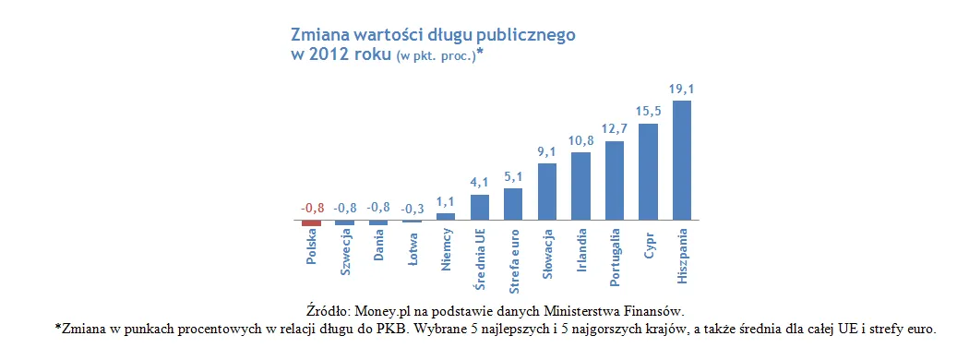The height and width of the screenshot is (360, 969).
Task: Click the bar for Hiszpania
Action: coord(682,161)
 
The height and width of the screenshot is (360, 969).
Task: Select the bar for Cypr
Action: coord(648,173)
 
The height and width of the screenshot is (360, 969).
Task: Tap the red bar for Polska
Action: coord(311,223)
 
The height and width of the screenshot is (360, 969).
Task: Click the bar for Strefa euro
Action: coord(513,205)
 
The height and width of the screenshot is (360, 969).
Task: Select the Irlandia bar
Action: coord(580,186)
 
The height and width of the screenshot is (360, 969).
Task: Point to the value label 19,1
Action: coord(682,90)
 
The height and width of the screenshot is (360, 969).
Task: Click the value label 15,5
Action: coord(648,113)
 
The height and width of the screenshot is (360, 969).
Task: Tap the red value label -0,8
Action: coord(311,209)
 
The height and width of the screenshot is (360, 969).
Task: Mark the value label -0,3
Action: coord(412,209)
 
